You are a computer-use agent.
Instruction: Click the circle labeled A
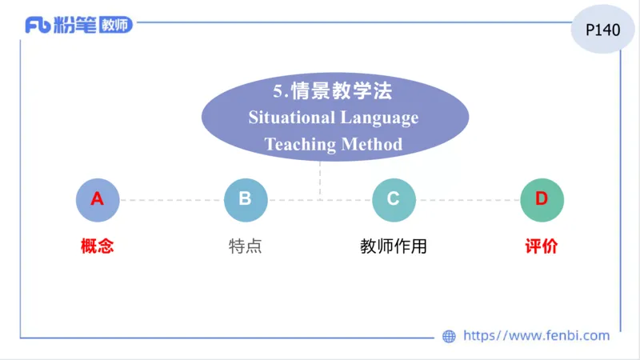pos(97,199)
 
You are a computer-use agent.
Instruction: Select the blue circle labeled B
pos(245,199)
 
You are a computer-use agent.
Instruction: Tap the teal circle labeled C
pos(394,199)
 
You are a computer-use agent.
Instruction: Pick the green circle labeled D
pos(542,199)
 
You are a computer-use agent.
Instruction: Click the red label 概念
pos(97,246)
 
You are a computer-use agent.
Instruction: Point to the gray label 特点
pos(245,246)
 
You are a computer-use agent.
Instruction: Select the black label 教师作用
pos(394,246)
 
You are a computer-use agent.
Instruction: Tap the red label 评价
pos(542,246)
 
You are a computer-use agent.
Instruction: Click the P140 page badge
pos(603,30)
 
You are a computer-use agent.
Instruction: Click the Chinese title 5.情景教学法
pos(333,90)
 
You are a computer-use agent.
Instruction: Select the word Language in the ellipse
pos(380,118)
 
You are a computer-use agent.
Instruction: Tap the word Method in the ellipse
pos(372,145)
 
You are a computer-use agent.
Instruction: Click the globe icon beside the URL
pos(449,336)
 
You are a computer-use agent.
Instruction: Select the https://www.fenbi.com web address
pos(536,336)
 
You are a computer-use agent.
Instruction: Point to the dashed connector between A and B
pos(171,199)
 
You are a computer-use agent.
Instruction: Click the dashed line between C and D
pos(468,199)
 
